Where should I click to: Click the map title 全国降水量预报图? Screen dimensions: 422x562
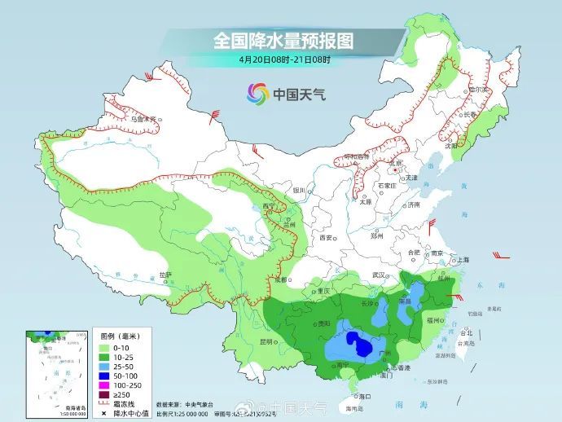point(282,40)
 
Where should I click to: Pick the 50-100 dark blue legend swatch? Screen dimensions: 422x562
point(104,376)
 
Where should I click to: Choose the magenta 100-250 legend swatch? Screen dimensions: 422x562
point(104,385)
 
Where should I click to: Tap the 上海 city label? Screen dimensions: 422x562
point(463,260)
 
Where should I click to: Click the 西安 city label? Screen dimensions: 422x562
point(327,237)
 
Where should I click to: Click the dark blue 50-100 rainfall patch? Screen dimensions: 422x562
point(355,341)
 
